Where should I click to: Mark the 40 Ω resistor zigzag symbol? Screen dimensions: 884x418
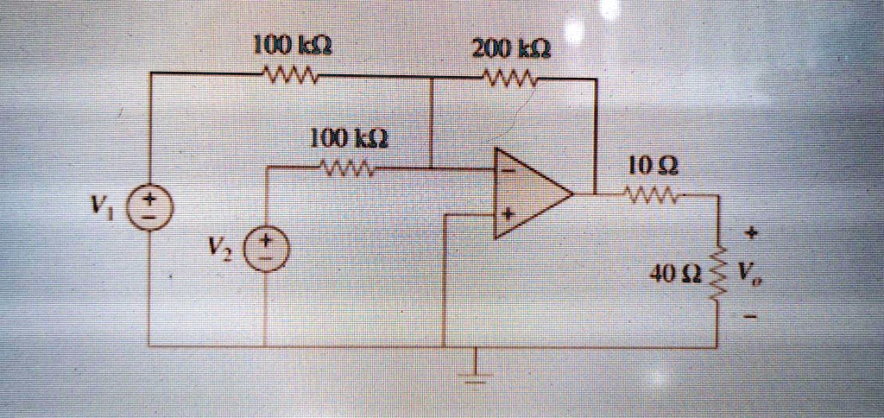click(717, 275)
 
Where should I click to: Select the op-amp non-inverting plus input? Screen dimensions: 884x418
click(508, 214)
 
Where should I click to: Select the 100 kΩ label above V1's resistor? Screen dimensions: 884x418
click(291, 45)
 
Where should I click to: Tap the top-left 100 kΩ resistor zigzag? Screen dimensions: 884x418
click(291, 73)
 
